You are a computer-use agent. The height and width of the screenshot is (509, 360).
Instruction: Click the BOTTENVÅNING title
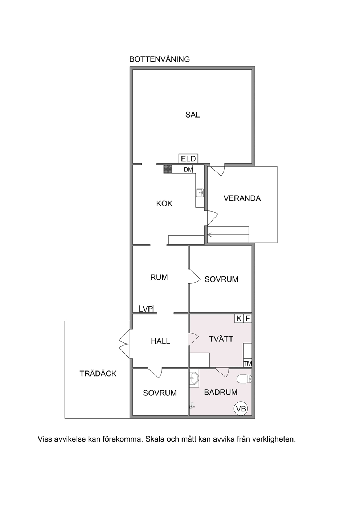159,59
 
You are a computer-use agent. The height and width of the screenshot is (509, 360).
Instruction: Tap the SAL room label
192,115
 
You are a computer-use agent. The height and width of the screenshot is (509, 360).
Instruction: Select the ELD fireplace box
188,159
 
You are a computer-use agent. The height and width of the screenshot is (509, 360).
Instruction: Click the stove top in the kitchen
168,169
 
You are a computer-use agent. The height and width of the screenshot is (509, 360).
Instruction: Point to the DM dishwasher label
188,169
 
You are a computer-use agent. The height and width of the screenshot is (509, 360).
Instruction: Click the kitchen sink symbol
200,193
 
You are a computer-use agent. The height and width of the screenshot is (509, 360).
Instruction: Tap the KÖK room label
164,204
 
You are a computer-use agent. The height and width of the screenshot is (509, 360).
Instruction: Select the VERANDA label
242,198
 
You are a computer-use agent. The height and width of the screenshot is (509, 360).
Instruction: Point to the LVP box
146,309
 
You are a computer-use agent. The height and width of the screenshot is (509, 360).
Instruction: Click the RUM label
159,277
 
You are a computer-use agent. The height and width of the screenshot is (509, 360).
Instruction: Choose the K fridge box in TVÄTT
239,319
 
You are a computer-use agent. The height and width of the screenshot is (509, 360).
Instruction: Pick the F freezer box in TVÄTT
248,319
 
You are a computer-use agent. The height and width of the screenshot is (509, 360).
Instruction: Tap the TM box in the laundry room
248,364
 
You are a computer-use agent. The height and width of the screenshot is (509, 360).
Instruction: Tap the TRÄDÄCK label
98,374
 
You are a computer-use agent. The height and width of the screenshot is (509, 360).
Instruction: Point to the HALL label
160,341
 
